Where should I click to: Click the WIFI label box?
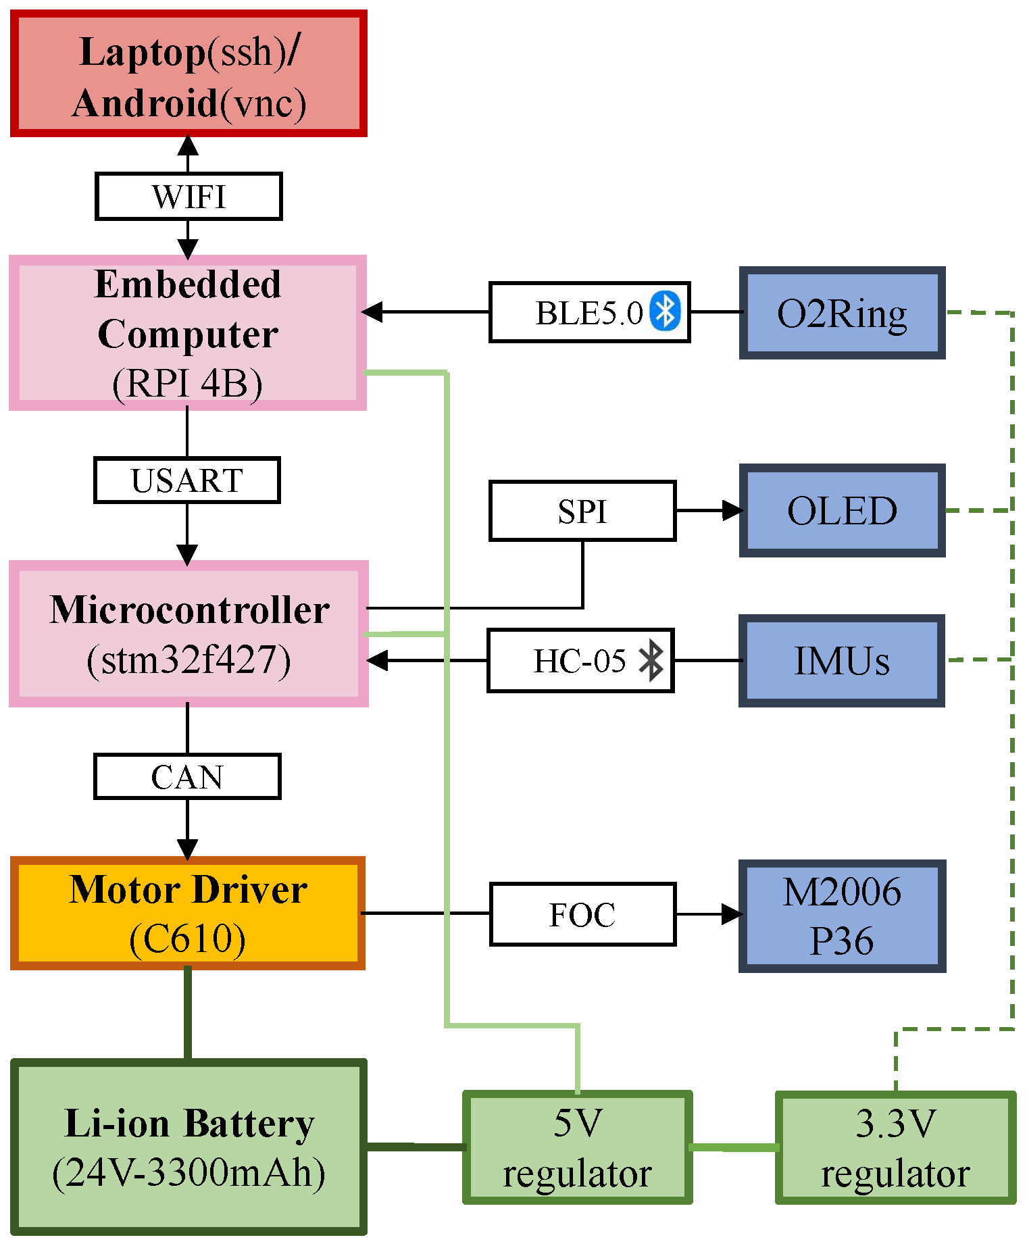[189, 197]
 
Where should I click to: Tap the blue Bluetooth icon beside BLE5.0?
[665, 311]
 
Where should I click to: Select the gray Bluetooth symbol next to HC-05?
[651, 660]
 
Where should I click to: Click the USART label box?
[186, 480]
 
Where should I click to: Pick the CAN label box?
[186, 777]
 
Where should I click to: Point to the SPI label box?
[582, 511]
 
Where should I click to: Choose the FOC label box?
[582, 914]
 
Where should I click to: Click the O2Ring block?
[842, 313]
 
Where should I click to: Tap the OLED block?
[842, 511]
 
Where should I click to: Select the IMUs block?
[842, 661]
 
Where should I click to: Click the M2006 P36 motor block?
[842, 916]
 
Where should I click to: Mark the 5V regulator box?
[577, 1148]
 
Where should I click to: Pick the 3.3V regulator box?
[895, 1148]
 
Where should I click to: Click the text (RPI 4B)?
[187, 384]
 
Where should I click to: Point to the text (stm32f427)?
[189, 660]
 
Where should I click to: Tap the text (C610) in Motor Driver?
[187, 939]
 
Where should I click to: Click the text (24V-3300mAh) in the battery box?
[189, 1173]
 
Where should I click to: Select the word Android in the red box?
[145, 103]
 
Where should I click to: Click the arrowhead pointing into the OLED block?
[732, 511]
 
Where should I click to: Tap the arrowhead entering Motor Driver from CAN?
[187, 849]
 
